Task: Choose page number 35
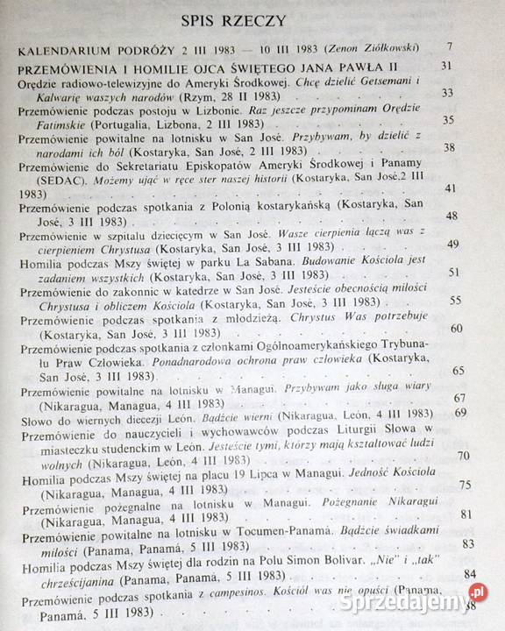[474, 120]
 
